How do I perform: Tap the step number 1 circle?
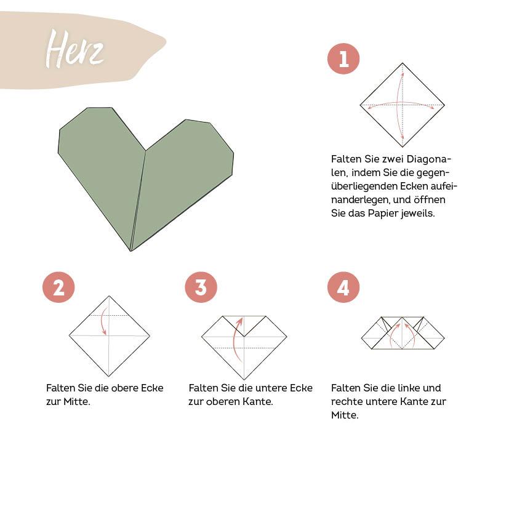pyautogui.click(x=343, y=59)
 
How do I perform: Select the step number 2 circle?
pyautogui.click(x=58, y=287)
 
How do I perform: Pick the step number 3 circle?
pyautogui.click(x=201, y=287)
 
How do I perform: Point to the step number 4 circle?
pyautogui.click(x=343, y=287)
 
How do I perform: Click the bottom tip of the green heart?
pyautogui.click(x=131, y=250)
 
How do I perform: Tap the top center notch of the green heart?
pyautogui.click(x=145, y=150)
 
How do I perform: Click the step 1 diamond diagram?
pyautogui.click(x=402, y=105)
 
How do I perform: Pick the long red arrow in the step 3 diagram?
pyautogui.click(x=236, y=342)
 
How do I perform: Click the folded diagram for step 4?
pyautogui.click(x=403, y=334)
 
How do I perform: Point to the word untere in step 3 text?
pyautogui.click(x=268, y=388)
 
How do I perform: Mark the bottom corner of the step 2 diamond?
pyautogui.click(x=109, y=375)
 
